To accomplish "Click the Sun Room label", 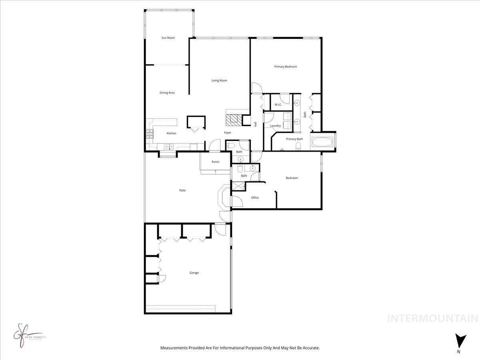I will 168,38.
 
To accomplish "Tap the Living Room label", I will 219,80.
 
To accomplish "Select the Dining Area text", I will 167,93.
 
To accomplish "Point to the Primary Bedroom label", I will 286,67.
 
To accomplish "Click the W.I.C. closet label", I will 278,105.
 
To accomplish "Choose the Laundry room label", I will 275,126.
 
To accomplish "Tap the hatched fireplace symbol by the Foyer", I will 232,119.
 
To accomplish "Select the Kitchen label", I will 171,133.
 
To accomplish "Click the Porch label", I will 215,162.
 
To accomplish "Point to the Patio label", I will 182,190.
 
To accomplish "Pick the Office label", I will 255,198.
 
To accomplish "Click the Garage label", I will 194,273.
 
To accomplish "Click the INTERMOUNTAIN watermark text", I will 433,318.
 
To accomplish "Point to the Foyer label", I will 227,133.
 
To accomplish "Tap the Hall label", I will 255,124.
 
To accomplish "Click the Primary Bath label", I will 294,139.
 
